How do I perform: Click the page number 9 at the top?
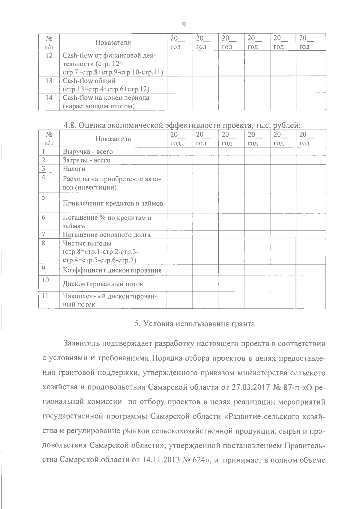tap(184, 25)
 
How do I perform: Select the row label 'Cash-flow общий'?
tap(89, 81)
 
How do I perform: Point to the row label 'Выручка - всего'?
tap(88, 152)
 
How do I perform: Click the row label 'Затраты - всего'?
tap(86, 160)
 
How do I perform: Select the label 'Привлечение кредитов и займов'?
tap(113, 204)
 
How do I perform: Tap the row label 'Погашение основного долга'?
tap(106, 235)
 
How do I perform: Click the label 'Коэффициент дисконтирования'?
tap(112, 270)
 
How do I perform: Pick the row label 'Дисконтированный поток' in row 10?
tap(103, 284)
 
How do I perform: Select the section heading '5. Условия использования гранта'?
tap(195, 324)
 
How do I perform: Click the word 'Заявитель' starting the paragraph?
tap(81, 343)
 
